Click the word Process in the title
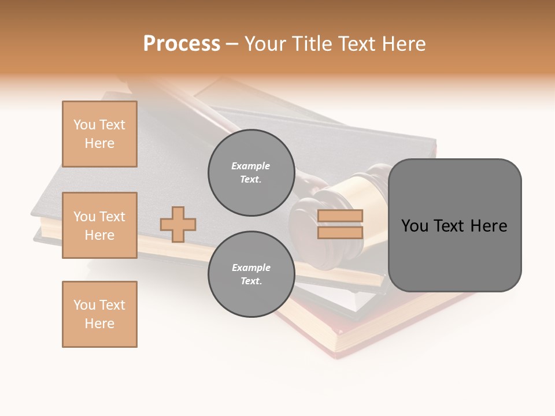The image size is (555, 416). [182, 44]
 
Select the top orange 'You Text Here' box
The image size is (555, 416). [99, 134]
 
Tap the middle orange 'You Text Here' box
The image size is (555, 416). [99, 225]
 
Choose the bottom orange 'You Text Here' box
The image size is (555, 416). [99, 314]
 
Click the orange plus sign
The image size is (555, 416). [178, 224]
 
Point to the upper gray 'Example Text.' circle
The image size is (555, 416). [251, 172]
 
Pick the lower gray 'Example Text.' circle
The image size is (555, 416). [251, 274]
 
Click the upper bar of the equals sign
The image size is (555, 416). [340, 216]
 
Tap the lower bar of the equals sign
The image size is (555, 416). [340, 232]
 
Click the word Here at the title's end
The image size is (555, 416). [402, 44]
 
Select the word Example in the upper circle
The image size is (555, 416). [251, 166]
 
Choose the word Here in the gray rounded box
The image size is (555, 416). [489, 226]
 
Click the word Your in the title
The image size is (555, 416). [263, 44]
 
